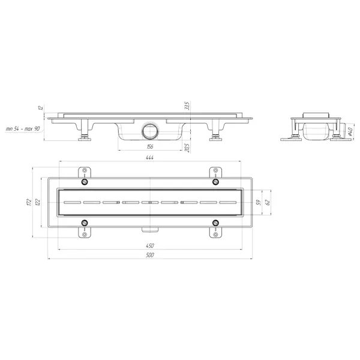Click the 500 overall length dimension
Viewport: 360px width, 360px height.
[149, 255]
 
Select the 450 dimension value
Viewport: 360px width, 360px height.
[149, 245]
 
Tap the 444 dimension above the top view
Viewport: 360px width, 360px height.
[149, 157]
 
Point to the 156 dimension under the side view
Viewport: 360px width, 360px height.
[149, 146]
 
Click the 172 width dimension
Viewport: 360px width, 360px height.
[29, 202]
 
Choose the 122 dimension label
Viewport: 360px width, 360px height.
[38, 202]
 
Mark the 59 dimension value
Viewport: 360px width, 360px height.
[259, 202]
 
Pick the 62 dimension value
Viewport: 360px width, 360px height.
[267, 202]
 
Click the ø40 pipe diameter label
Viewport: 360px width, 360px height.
[350, 131]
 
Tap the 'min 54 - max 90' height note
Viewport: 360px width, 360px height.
[23, 129]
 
